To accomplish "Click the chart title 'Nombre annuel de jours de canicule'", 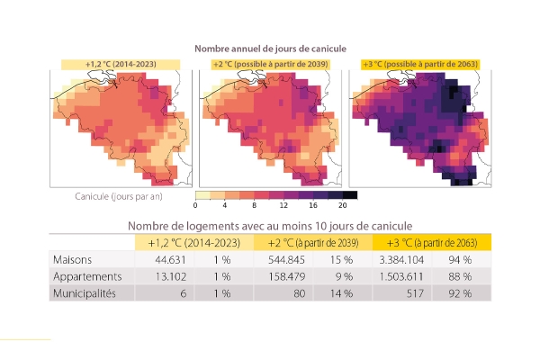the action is point(270,49).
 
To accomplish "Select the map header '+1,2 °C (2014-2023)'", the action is point(121,64).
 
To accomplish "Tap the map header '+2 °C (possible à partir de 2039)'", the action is point(270,64).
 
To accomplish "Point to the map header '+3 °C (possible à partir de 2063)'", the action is point(420,64).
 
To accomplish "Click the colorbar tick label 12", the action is point(283,205).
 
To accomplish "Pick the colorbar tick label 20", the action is point(342,205).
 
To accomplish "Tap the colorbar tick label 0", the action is point(195,205).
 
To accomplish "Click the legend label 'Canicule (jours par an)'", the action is point(119,196).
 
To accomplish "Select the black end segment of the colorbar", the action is point(350,195).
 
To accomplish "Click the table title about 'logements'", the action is point(270,226).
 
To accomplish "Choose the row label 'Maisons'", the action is point(72,259).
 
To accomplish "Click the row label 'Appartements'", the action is point(87,276).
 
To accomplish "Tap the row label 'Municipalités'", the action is point(85,293).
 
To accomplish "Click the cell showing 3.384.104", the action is point(401,259).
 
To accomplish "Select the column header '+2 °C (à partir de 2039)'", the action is point(313,243).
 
